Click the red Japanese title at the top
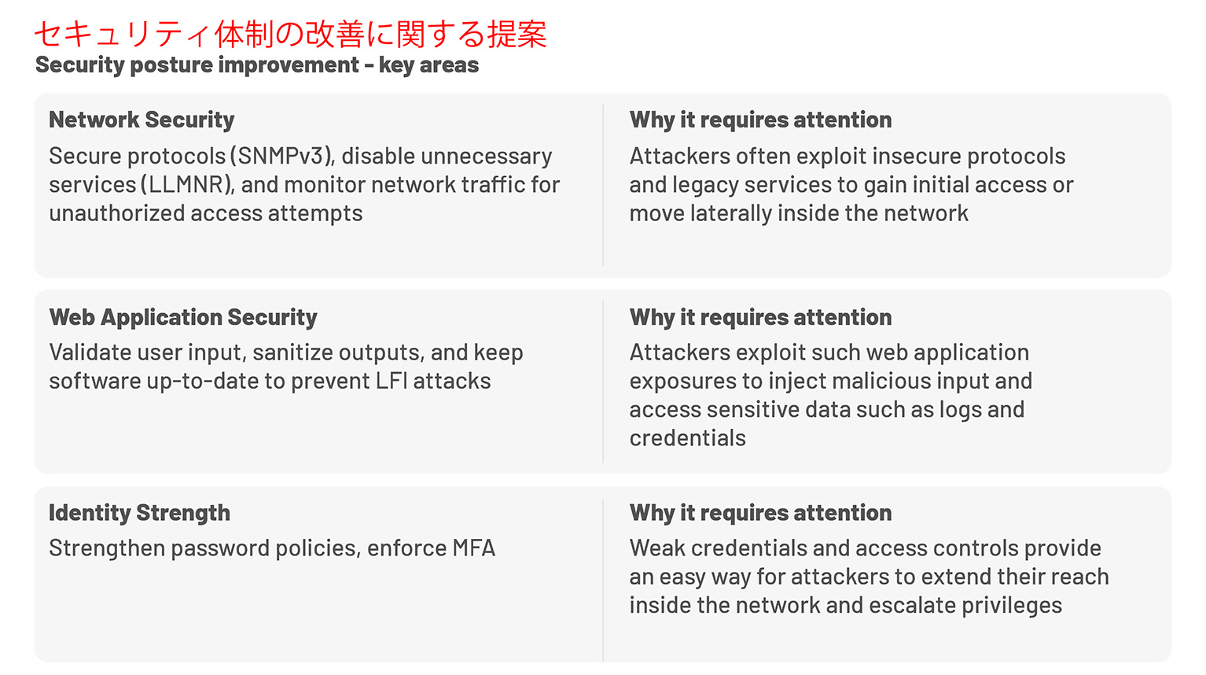[x=290, y=34]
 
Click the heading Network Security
[x=142, y=120]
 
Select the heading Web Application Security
[x=183, y=317]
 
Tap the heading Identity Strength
[x=139, y=513]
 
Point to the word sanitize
[x=299, y=352]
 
